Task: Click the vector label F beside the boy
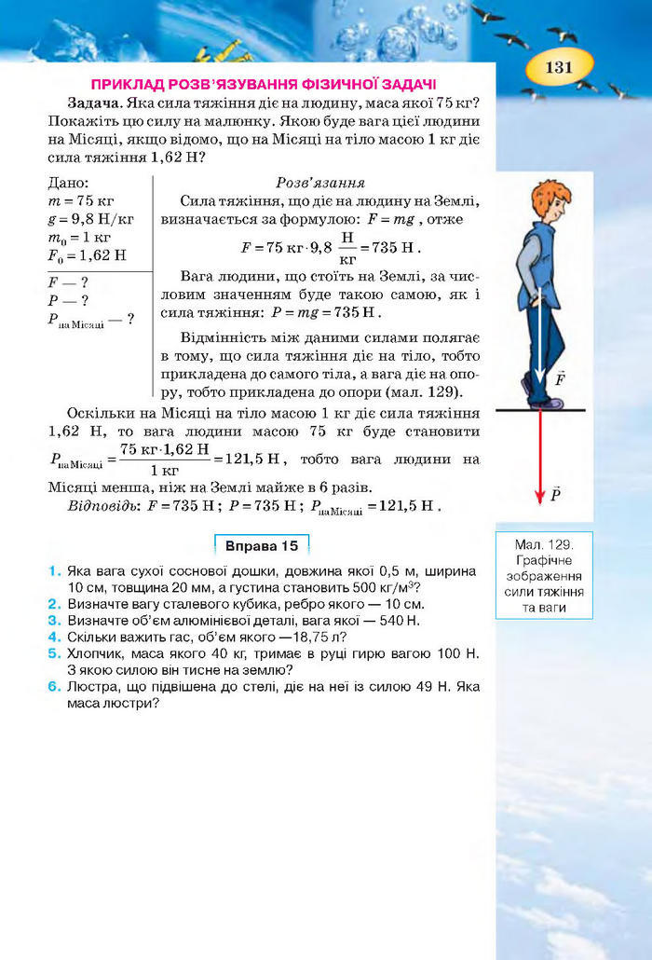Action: pyautogui.click(x=560, y=379)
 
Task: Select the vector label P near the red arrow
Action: pyautogui.click(x=556, y=494)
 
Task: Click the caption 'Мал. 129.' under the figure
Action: pyautogui.click(x=546, y=542)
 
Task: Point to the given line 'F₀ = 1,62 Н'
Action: pyautogui.click(x=87, y=254)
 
